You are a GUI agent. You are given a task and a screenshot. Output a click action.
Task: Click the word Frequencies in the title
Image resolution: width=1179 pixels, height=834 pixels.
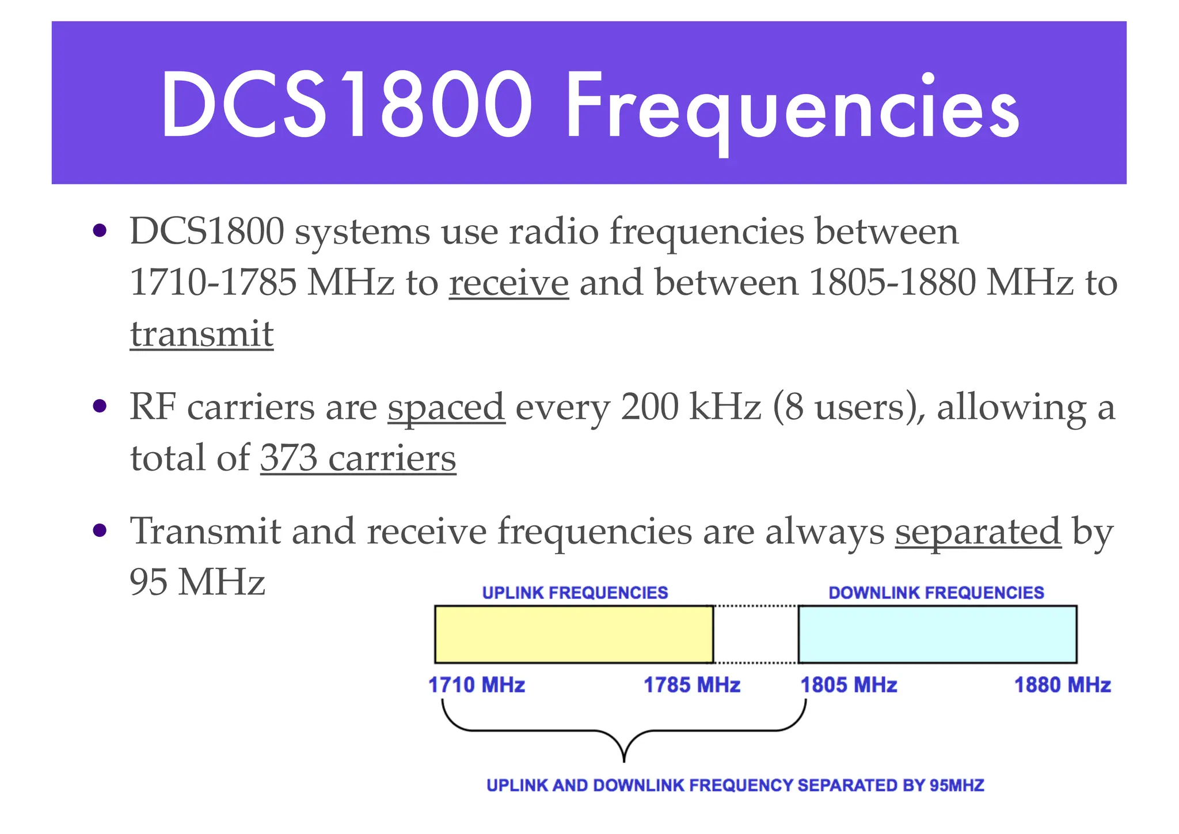[x=792, y=107]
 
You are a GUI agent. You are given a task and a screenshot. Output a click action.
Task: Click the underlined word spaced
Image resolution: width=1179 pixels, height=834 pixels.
[x=446, y=407]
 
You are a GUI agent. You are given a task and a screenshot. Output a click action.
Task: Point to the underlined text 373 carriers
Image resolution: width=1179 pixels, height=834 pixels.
[x=358, y=458]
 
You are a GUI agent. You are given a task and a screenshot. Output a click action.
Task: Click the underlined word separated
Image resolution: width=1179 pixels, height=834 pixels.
[x=978, y=530]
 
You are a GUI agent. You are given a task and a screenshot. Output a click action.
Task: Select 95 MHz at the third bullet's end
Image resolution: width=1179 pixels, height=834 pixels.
[x=197, y=582]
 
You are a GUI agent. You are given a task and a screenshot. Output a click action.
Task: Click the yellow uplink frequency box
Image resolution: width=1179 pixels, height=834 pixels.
[x=573, y=634]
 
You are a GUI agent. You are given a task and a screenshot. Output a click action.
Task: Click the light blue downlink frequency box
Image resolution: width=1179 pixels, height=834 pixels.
[x=937, y=634]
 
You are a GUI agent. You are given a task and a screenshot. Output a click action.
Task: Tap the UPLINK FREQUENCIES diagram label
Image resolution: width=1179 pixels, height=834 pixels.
[x=575, y=593]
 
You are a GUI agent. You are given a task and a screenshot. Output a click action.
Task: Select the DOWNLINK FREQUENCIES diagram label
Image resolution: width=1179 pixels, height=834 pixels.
[x=936, y=593]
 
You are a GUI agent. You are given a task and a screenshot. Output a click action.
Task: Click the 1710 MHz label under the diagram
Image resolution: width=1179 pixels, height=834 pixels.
[x=477, y=685]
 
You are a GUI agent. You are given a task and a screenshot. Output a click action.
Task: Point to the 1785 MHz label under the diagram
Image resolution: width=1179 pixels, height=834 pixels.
[x=691, y=685]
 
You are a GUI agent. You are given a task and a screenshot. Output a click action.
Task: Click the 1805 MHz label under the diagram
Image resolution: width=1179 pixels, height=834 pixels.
[x=849, y=685]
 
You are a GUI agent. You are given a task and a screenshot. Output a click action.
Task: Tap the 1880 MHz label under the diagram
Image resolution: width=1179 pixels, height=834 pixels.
[x=1062, y=685]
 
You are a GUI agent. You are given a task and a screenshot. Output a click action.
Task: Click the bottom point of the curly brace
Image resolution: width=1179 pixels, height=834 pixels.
[x=624, y=759]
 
